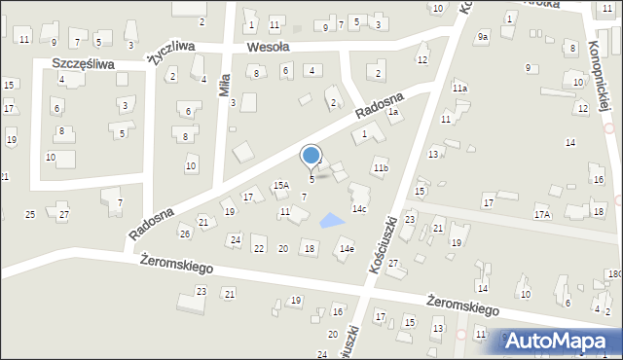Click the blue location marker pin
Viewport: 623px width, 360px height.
(311, 156)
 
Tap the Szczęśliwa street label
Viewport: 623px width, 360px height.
(84, 64)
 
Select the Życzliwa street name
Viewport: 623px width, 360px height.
(167, 52)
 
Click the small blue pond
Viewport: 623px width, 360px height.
(333, 221)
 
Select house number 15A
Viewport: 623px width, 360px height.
(280, 185)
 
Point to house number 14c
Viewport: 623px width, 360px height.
(359, 209)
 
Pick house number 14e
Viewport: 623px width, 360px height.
(346, 249)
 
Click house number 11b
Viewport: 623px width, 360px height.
(381, 168)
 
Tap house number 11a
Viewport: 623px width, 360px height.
(459, 89)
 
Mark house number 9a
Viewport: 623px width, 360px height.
(482, 37)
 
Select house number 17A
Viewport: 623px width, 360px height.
(542, 214)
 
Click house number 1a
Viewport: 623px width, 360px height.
(393, 112)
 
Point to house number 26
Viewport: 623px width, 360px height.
(184, 234)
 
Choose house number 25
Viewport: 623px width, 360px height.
(30, 214)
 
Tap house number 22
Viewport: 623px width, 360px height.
(258, 249)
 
